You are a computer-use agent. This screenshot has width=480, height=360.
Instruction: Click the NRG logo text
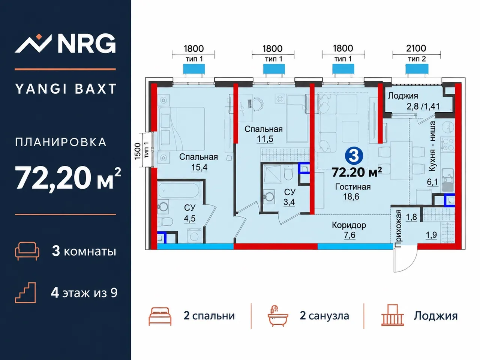pyautogui.click(x=87, y=43)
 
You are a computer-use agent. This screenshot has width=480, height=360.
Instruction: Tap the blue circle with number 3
pyautogui.click(x=354, y=155)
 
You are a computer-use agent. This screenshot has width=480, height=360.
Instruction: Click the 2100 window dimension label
pyautogui.click(x=416, y=48)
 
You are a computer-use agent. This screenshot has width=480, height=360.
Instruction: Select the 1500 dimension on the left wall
pyautogui.click(x=137, y=151)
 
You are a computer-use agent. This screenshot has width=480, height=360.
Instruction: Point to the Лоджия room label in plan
pyautogui.click(x=403, y=96)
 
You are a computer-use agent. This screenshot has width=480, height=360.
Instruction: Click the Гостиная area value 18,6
pyautogui.click(x=351, y=196)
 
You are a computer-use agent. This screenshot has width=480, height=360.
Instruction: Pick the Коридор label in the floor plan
pyautogui.click(x=349, y=225)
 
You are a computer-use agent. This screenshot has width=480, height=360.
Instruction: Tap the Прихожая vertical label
pyautogui.click(x=398, y=228)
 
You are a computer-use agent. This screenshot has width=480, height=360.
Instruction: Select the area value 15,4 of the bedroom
pyautogui.click(x=199, y=167)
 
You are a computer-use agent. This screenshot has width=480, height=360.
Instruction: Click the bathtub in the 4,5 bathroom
pyautogui.click(x=178, y=190)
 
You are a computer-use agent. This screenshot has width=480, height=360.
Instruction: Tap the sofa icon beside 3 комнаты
pyautogui.click(x=27, y=251)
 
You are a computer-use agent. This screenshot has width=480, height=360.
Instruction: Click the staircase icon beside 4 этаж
pyautogui.click(x=25, y=292)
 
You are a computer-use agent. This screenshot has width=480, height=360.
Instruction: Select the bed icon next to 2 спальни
pyautogui.click(x=160, y=316)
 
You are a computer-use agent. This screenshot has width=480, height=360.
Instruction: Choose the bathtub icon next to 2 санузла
pyautogui.click(x=278, y=316)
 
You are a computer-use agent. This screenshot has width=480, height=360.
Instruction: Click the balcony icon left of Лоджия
pyautogui.click(x=393, y=315)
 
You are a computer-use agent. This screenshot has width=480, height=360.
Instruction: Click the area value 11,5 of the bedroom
pyautogui.click(x=265, y=139)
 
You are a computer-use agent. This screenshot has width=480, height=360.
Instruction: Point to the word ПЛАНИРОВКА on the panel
pyautogui.click(x=61, y=142)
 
